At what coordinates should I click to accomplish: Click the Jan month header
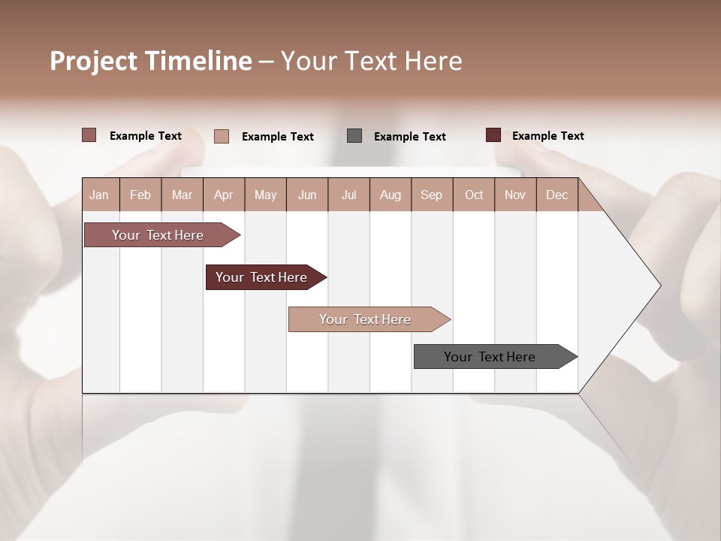(x=99, y=195)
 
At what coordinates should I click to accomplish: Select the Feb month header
(x=140, y=195)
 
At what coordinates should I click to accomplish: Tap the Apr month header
(x=223, y=195)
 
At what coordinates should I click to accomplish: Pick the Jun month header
(x=307, y=195)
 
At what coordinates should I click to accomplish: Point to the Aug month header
(x=391, y=195)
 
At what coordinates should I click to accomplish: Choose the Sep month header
(x=431, y=195)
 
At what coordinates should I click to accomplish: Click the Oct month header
(x=474, y=195)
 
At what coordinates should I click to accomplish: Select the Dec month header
(x=557, y=195)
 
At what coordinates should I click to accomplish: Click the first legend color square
(x=89, y=135)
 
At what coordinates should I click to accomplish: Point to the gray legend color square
(x=354, y=135)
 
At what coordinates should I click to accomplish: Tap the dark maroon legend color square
(x=493, y=135)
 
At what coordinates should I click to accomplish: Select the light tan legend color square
(x=222, y=136)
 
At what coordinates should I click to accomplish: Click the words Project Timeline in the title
(x=150, y=61)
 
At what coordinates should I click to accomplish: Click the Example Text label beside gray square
(x=409, y=137)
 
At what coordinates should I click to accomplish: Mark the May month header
(x=265, y=195)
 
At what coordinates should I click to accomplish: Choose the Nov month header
(x=514, y=195)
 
